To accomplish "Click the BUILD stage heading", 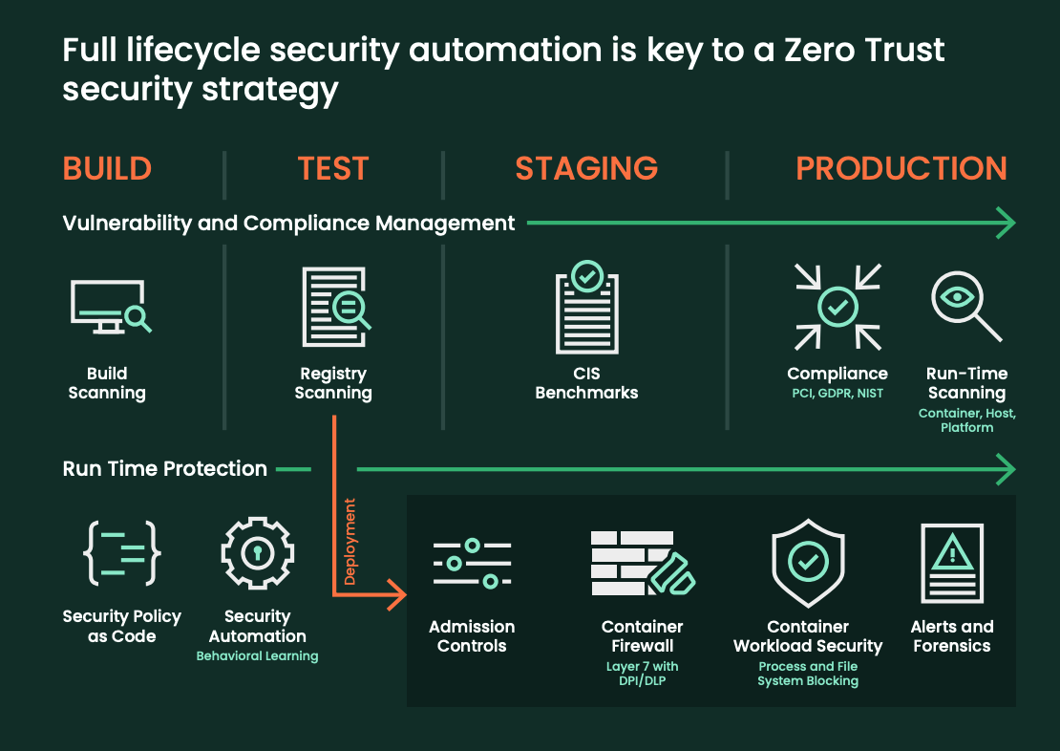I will [107, 168].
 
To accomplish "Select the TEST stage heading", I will [332, 168].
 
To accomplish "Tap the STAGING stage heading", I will [586, 168].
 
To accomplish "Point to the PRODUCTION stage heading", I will [901, 168].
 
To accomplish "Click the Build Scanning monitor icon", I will [110, 307].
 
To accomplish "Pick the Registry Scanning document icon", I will [335, 307].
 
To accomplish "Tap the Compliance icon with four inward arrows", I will [837, 307].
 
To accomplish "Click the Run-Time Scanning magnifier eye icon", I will [965, 305].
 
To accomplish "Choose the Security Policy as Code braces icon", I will [122, 553].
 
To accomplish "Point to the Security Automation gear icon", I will [257, 553].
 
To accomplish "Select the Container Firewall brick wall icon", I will [643, 563].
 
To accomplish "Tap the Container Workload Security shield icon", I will [808, 562].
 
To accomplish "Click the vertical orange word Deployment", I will [350, 541].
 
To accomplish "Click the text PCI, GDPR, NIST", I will [837, 394].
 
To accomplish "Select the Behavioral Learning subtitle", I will [257, 656].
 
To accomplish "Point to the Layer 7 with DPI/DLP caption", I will [643, 674].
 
